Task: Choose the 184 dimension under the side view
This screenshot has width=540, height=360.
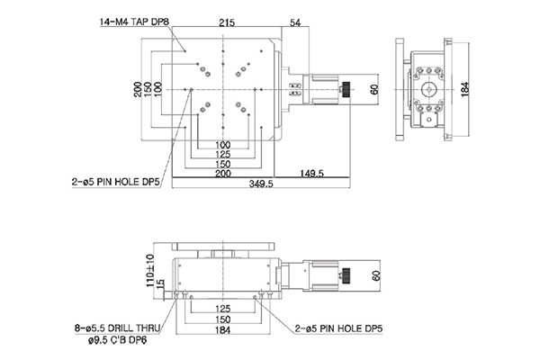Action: pos(222,329)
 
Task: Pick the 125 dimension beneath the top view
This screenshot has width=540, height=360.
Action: pos(222,154)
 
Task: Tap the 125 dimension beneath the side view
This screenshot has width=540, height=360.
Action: pos(222,309)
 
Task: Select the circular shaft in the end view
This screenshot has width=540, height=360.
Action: pos(430,89)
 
